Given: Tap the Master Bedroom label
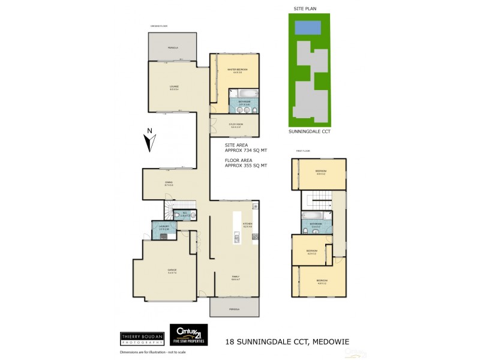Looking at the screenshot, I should coord(238,71).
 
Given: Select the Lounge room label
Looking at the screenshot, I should coord(173,87).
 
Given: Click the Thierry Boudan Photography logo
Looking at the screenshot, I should coord(142,338).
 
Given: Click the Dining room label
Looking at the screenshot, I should coord(169,183).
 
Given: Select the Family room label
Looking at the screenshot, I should coord(236,277).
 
